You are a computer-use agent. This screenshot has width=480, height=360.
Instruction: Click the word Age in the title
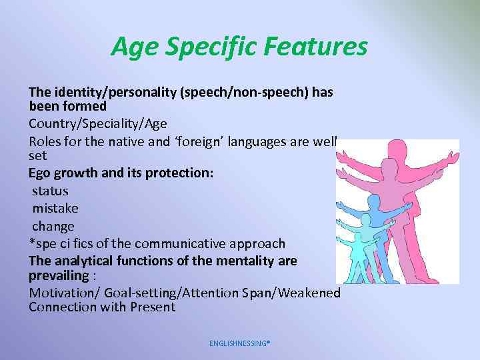pyautogui.click(x=132, y=47)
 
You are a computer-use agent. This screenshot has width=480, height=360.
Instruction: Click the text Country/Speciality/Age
pyautogui.click(x=98, y=123)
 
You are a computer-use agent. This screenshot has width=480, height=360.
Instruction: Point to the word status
pyautogui.click(x=50, y=191)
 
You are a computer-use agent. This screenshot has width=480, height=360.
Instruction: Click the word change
pyautogui.click(x=53, y=226)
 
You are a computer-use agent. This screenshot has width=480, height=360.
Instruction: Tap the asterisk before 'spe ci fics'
pyautogui.click(x=31, y=243)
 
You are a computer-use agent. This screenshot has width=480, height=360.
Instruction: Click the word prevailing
pyautogui.click(x=59, y=275)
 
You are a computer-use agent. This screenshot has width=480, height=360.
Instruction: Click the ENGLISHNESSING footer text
pyautogui.click(x=239, y=343)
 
